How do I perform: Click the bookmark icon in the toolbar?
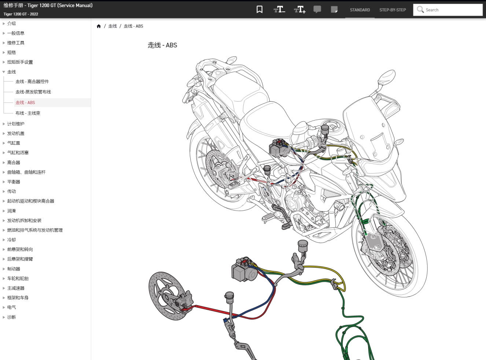coord(259,10)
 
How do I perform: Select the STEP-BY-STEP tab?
coord(393,10)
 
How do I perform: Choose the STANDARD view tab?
coord(360,10)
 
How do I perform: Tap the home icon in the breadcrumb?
coord(99,26)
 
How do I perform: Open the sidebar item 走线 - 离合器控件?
coord(32,81)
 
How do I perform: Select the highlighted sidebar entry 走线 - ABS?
coord(25,103)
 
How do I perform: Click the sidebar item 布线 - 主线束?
coord(28,113)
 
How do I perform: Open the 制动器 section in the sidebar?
coord(14,269)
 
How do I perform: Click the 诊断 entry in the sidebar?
coord(11,317)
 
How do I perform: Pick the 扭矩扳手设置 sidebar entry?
coord(20,62)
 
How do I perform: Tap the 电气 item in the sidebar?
coord(11,307)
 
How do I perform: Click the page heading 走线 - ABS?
coord(162,45)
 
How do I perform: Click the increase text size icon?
coord(299,10)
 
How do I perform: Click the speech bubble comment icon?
coord(317,10)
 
